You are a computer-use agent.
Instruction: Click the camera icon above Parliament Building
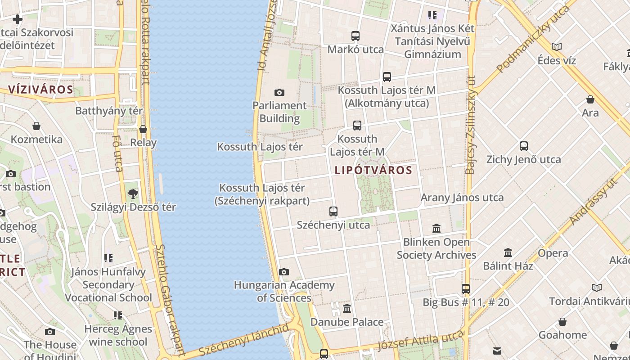(x=279, y=93)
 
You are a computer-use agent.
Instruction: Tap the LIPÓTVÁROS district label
(x=373, y=170)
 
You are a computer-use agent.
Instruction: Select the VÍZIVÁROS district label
(x=40, y=89)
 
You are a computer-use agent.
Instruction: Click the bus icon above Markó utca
(x=355, y=36)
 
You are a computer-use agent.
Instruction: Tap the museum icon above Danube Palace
(x=347, y=309)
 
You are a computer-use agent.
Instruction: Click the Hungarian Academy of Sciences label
(x=284, y=291)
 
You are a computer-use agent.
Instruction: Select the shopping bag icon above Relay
(x=143, y=130)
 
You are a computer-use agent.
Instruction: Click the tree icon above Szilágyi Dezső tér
(x=133, y=194)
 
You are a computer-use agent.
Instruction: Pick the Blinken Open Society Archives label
(x=436, y=248)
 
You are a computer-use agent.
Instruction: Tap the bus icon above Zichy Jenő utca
(x=524, y=146)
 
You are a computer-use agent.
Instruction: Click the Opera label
(x=553, y=253)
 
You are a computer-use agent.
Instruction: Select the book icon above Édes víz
(x=557, y=47)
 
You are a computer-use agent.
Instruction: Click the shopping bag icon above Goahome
(x=562, y=322)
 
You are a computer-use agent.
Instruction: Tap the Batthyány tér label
(x=109, y=111)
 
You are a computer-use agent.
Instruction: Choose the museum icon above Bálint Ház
(x=508, y=252)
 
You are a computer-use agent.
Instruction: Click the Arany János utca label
(x=462, y=198)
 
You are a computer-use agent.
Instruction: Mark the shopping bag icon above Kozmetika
(x=36, y=126)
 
